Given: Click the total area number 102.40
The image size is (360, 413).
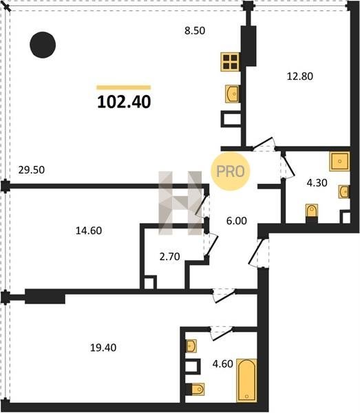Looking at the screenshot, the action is pyautogui.click(x=124, y=102).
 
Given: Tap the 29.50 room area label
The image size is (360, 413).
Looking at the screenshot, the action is pyautogui.click(x=32, y=170).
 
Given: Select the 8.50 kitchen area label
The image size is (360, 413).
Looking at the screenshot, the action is pyautogui.click(x=195, y=31).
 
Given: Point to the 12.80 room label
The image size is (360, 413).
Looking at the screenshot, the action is pyautogui.click(x=300, y=76).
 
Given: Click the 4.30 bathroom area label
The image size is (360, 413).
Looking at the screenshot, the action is pyautogui.click(x=317, y=182).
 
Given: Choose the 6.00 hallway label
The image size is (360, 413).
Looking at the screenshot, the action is pyautogui.click(x=237, y=221).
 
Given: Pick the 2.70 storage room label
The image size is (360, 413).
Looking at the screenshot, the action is pyautogui.click(x=170, y=256).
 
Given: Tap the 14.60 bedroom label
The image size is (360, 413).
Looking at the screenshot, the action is pyautogui.click(x=89, y=231).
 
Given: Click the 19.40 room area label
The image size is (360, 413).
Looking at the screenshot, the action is pyautogui.click(x=103, y=348).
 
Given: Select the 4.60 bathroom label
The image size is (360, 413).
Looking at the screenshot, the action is pyautogui.click(x=223, y=363).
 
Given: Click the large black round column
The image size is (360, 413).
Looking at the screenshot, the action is pyautogui.click(x=43, y=45).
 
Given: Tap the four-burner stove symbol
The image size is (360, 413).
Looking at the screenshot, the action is pyautogui.click(x=230, y=62).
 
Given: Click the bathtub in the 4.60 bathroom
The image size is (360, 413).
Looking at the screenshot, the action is pyautogui.click(x=246, y=381).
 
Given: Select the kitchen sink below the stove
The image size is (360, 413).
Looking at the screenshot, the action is pyautogui.click(x=232, y=94).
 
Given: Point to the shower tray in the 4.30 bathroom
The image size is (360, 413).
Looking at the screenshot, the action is pyautogui.click(x=339, y=161).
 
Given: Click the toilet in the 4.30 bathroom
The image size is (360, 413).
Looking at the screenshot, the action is pyautogui.click(x=312, y=211).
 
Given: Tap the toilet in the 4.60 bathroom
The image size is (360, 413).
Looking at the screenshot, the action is pyautogui.click(x=198, y=389).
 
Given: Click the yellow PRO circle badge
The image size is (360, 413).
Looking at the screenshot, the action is pyautogui.click(x=230, y=171).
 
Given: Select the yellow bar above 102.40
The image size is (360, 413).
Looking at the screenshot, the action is pyautogui.click(x=123, y=87).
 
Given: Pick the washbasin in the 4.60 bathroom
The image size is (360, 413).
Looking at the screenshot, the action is pyautogui.click(x=191, y=346).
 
